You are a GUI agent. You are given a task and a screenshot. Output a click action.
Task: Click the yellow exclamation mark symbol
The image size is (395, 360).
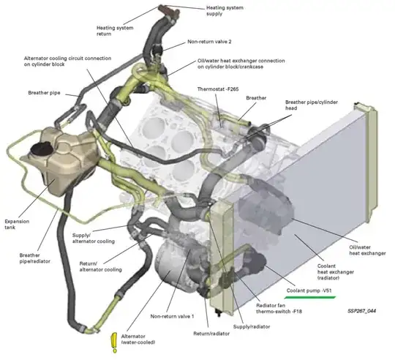pos(113,342)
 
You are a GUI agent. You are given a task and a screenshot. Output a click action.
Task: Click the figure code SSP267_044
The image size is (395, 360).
pos(363,310)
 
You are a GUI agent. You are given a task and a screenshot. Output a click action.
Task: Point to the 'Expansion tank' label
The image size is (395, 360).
pos(17,225)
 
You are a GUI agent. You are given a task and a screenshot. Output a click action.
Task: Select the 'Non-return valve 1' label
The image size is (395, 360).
pos(173,316)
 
